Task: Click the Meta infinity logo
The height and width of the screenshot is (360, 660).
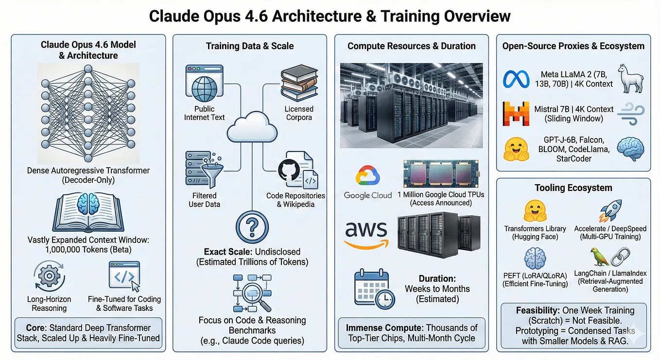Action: pyautogui.click(x=516, y=80)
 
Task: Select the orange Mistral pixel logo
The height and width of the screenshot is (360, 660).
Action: pyautogui.click(x=516, y=114)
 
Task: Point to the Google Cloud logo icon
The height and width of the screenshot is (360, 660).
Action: pyautogui.click(x=368, y=175)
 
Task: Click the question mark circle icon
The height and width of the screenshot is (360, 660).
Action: pyautogui.click(x=252, y=227)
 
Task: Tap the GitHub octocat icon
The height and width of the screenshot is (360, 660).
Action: pyautogui.click(x=289, y=170)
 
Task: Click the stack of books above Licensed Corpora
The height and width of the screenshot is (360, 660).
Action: pyautogui.click(x=299, y=83)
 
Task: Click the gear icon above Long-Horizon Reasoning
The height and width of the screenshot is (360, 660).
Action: pyautogui.click(x=49, y=276)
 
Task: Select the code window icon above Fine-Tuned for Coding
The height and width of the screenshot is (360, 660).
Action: pyautogui.click(x=124, y=276)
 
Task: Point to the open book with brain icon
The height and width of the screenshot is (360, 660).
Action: pyautogui.click(x=88, y=212)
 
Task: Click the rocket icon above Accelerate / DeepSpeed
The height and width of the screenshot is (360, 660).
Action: pyautogui.click(x=610, y=210)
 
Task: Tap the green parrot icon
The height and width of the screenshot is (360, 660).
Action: pyautogui.click(x=600, y=257)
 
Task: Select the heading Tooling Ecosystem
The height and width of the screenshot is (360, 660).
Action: pyautogui.click(x=573, y=188)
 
